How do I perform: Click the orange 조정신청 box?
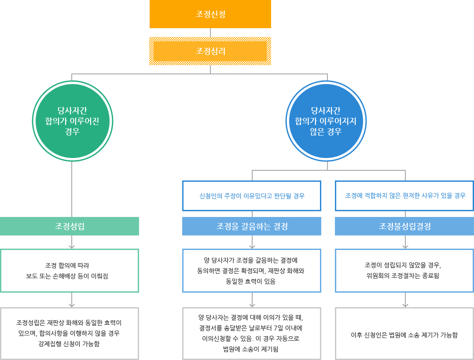[210, 14]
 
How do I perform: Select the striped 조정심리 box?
[210, 51]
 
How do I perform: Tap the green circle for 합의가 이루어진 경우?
[72, 121]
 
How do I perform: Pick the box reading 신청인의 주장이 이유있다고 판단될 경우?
[252, 196]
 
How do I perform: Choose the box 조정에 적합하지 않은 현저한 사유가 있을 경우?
[405, 195]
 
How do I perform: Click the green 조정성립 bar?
[70, 226]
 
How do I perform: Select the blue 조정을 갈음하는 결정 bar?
[252, 226]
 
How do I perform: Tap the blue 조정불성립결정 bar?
[405, 226]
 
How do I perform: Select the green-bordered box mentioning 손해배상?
[70, 271]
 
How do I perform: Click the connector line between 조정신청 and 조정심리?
[210, 33]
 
